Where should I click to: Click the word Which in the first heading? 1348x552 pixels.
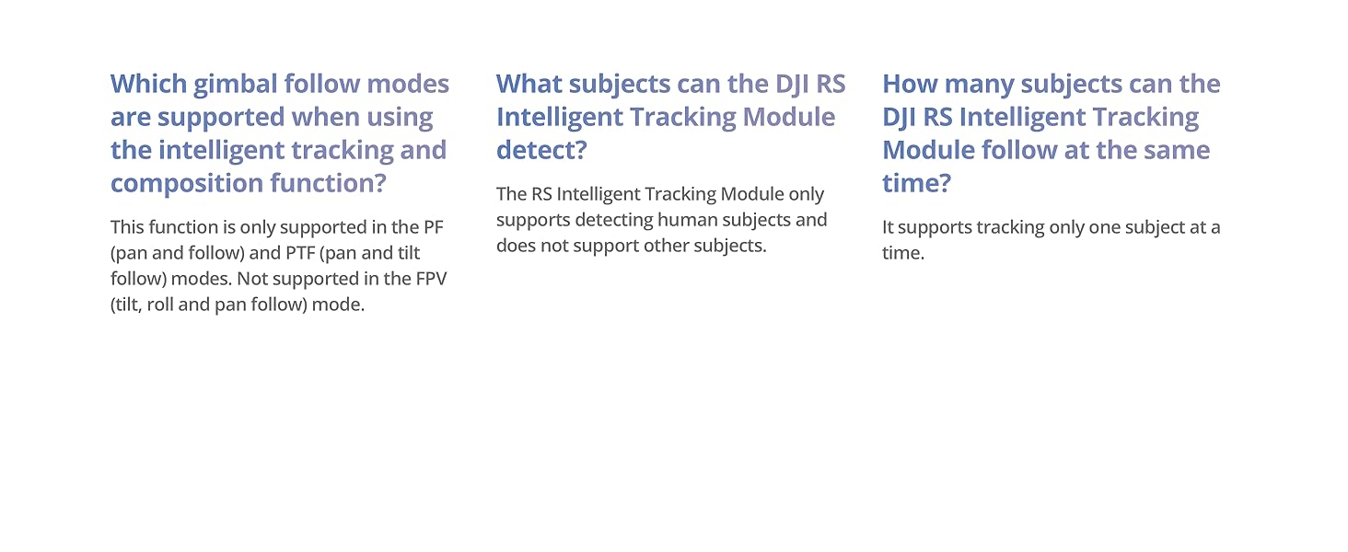pos(148,84)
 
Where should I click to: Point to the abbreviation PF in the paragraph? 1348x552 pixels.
pos(434,227)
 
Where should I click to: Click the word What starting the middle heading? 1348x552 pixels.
pos(529,84)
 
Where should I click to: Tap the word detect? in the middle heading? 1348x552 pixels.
pos(541,150)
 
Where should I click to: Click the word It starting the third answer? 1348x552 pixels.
pos(888,227)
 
